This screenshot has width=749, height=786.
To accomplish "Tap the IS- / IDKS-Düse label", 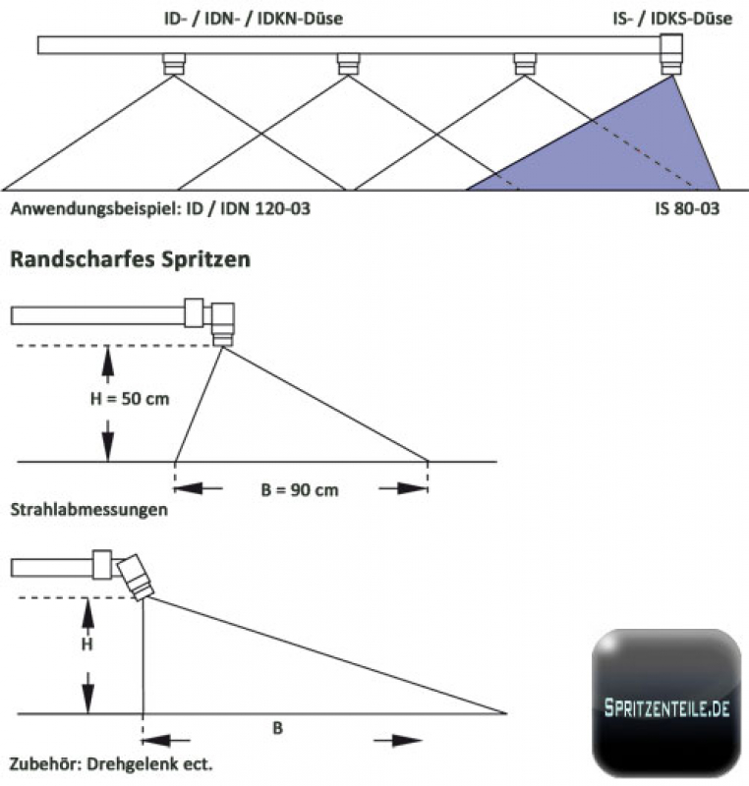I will (x=671, y=18).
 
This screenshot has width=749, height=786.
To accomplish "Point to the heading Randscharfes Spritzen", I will (x=129, y=260).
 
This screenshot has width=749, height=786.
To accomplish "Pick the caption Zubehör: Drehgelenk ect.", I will (x=110, y=762).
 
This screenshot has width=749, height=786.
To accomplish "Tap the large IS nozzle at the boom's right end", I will (x=672, y=55).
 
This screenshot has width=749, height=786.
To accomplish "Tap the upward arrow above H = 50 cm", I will (x=107, y=365).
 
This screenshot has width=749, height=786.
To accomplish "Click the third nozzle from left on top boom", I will (x=524, y=65).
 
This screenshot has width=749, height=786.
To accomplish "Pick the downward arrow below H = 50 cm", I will (x=107, y=438).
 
